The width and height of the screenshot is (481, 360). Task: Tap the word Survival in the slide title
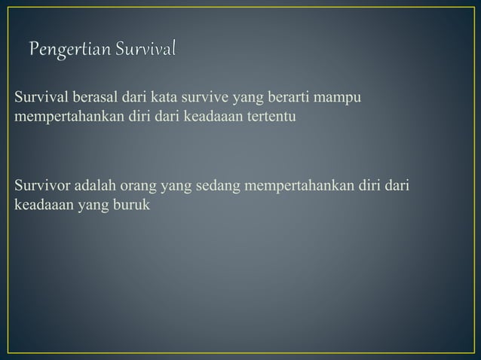(147, 50)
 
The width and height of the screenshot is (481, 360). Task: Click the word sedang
(217, 185)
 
